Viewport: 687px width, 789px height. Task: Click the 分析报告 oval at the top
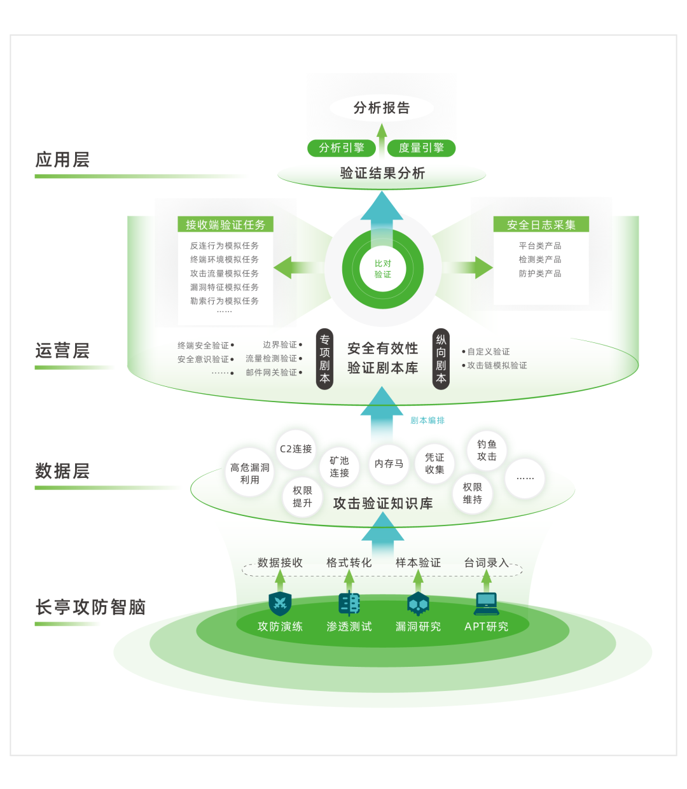pos(382,108)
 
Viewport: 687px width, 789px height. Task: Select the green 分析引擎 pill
pos(342,148)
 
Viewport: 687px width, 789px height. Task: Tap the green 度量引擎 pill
pos(421,148)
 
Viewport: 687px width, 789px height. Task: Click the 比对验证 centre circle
pos(383,269)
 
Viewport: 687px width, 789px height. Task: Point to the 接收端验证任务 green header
pos(225,225)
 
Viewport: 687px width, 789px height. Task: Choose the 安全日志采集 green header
pos(541,225)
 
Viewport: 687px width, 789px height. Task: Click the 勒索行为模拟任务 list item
pos(225,301)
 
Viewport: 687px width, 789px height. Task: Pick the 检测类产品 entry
pos(540,260)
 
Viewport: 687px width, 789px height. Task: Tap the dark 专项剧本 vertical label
pos(324,359)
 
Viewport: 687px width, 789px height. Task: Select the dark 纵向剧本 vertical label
pos(441,359)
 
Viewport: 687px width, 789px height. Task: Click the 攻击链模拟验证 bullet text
pos(497,366)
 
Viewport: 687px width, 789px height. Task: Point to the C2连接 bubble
pos(296,449)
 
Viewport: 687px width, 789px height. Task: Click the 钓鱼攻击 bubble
pos(487,450)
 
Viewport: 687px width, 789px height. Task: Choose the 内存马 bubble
pos(389,464)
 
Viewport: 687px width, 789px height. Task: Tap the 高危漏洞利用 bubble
pos(250,473)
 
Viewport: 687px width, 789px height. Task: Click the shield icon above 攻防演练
pos(280,603)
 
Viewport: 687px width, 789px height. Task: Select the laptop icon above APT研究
pos(487,603)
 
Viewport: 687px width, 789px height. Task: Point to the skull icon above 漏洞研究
pos(418,603)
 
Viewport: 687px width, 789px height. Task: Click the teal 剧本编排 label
pos(427,421)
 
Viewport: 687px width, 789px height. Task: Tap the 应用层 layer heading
pos(62,160)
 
